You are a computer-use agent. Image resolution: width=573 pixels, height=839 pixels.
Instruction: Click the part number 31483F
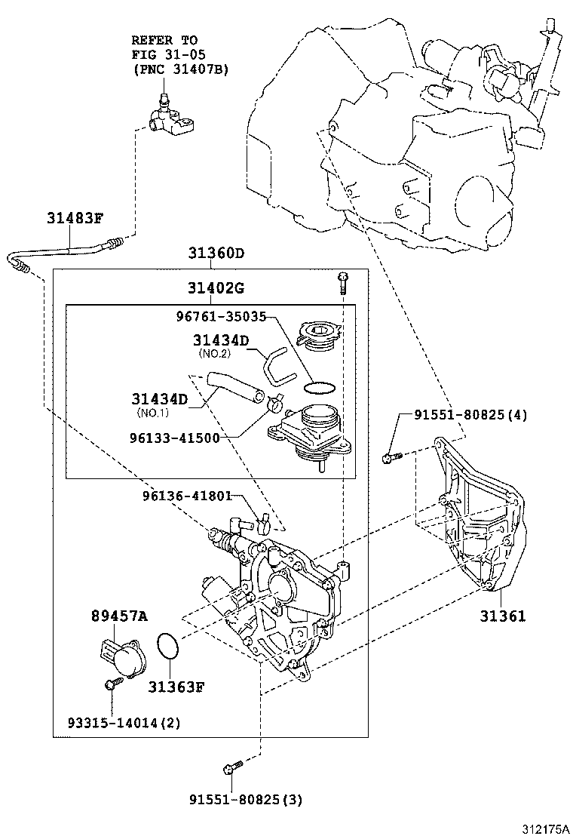pos(75,219)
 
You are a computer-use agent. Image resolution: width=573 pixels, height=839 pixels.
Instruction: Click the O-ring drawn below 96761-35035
pos(320,388)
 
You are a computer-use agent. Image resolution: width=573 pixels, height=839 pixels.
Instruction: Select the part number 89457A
pos(119,616)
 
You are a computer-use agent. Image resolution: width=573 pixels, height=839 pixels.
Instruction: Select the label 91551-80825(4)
pos(470,414)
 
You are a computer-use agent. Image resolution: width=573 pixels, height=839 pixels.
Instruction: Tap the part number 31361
pos(503,616)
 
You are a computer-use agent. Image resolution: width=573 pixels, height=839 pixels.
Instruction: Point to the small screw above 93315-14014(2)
pos(112,684)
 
